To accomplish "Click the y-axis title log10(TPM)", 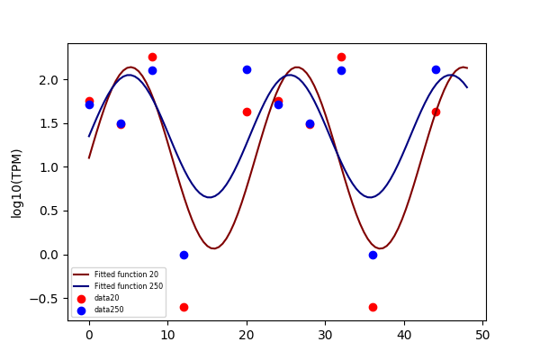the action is [16, 184].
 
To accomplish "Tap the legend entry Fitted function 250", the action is [118, 286].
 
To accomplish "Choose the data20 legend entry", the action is [98, 298].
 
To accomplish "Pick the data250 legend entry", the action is [100, 310].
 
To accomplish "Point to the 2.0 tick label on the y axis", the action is [49, 80].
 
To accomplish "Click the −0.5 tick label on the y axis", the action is [44, 299].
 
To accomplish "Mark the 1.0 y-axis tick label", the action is [49, 167].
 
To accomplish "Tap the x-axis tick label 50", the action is [482, 335].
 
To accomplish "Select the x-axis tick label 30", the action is [325, 335].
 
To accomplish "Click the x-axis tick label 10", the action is [167, 335].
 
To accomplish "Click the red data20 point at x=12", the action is [184, 307].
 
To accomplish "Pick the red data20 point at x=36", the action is [373, 307].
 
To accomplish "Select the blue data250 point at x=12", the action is [184, 256].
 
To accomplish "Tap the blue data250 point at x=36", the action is [373, 256].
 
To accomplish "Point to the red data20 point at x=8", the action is [153, 58].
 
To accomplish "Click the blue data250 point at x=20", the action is [247, 70].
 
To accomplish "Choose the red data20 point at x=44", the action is [436, 112].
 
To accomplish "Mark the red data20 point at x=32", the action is [342, 58].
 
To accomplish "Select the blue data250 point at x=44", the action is [436, 70].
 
